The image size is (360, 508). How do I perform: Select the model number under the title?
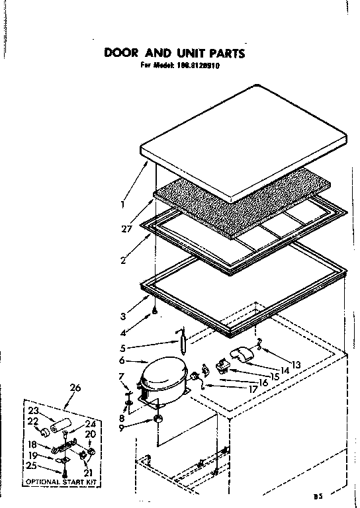[209, 66]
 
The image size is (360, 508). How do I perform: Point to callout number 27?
[126, 229]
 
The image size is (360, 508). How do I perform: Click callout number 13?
[296, 364]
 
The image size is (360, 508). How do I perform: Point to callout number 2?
[123, 260]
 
